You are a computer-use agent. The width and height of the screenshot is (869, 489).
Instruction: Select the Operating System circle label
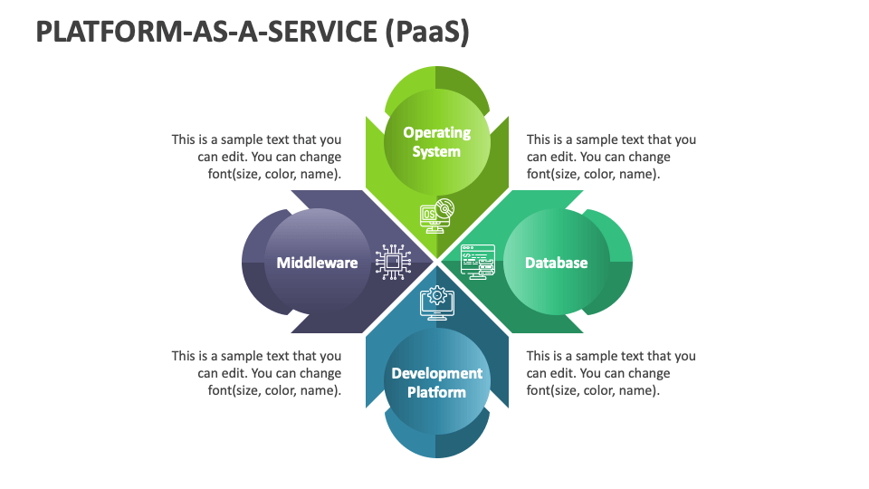pos(436,142)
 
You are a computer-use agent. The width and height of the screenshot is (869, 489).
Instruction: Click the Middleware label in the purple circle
pos(317,263)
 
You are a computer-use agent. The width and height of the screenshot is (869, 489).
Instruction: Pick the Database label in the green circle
pos(557,263)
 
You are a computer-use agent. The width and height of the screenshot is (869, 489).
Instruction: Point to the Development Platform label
pos(436,382)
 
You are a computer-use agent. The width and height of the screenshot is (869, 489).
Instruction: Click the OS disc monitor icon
pos(436,216)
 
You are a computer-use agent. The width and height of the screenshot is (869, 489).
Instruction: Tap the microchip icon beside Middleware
pos(393,262)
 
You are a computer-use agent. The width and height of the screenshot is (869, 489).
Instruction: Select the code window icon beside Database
pos(478,262)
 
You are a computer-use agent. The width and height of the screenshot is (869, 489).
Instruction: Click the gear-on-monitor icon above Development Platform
pos(436,303)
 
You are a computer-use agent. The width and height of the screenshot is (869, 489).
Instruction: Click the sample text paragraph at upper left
pos(257,157)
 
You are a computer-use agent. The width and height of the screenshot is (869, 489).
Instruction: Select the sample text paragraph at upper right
pos(611,157)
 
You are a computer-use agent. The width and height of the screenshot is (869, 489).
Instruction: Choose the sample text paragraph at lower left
pos(257,373)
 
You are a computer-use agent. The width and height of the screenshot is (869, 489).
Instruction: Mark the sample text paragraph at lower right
pos(611,373)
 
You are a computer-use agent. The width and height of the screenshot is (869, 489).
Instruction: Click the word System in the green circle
pos(436,152)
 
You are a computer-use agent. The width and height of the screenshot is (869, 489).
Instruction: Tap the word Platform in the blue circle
pos(436,392)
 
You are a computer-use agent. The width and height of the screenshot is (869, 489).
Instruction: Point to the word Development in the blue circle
pos(436,373)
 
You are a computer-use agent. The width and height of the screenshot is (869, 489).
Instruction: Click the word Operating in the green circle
pos(436,132)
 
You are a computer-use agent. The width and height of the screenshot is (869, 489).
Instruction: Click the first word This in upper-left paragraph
pos(184,139)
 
